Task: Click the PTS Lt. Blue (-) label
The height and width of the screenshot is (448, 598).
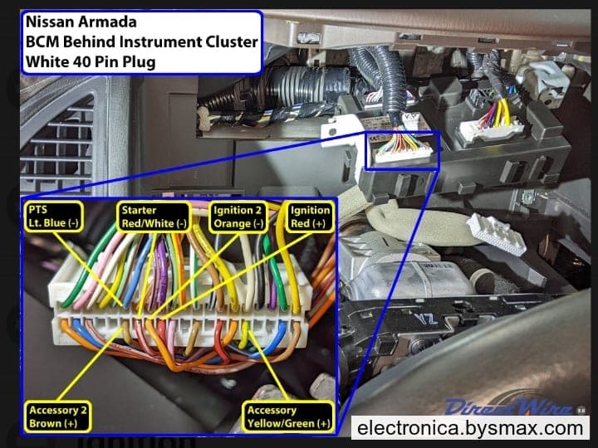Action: tap(54, 217)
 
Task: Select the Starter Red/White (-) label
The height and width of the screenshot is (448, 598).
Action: tap(154, 217)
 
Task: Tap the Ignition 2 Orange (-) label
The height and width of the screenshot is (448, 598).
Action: tap(238, 217)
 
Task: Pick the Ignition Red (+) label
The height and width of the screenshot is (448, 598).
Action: tap(310, 217)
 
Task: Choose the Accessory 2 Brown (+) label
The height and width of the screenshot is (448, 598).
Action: tap(58, 416)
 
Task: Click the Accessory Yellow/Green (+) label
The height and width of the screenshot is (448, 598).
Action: tap(289, 416)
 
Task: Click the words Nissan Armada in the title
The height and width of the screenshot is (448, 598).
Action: tap(81, 22)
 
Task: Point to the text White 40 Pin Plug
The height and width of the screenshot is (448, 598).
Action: tap(91, 61)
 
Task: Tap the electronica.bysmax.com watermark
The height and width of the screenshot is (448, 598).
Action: tap(470, 428)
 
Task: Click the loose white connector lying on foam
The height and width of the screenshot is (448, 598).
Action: tap(496, 233)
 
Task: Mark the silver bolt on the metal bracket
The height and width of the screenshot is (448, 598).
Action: tap(528, 197)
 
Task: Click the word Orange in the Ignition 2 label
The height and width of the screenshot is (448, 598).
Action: tap(233, 224)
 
